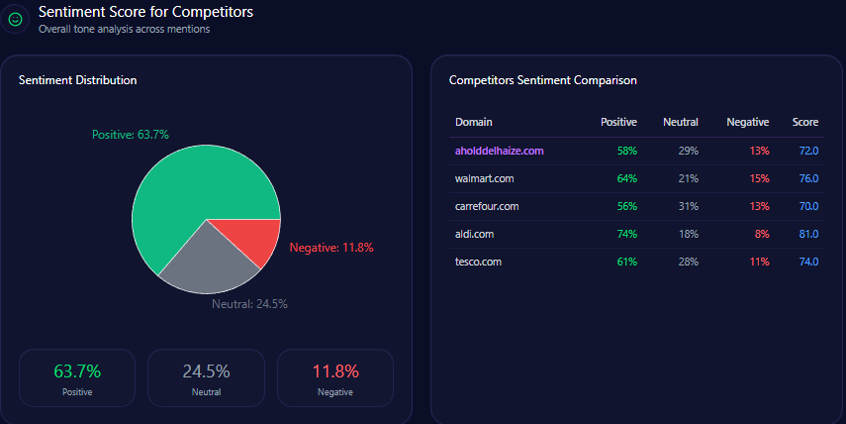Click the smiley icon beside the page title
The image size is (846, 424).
pyautogui.click(x=15, y=19)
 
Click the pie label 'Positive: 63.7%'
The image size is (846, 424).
pyautogui.click(x=131, y=134)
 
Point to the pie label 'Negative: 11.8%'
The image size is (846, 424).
pyautogui.click(x=331, y=247)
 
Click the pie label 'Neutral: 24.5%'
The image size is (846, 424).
pyautogui.click(x=249, y=304)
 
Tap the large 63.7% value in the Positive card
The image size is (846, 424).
pyautogui.click(x=77, y=371)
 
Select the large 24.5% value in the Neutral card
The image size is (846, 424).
pyautogui.click(x=206, y=371)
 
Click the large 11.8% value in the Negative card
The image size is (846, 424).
pyautogui.click(x=335, y=371)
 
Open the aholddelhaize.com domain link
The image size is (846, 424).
pyautogui.click(x=500, y=151)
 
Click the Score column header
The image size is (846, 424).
pyautogui.click(x=805, y=122)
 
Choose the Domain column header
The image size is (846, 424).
pyautogui.click(x=473, y=122)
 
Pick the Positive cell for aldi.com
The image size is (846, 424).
pyautogui.click(x=626, y=234)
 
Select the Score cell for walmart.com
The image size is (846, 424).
pyautogui.click(x=808, y=178)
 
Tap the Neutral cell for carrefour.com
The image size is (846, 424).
pyautogui.click(x=689, y=206)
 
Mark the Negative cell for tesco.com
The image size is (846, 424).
pyautogui.click(x=760, y=262)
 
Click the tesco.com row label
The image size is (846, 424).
pyautogui.click(x=479, y=262)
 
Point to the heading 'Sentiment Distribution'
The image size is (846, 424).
pyautogui.click(x=78, y=79)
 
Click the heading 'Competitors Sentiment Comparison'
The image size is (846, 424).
pyautogui.click(x=542, y=79)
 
